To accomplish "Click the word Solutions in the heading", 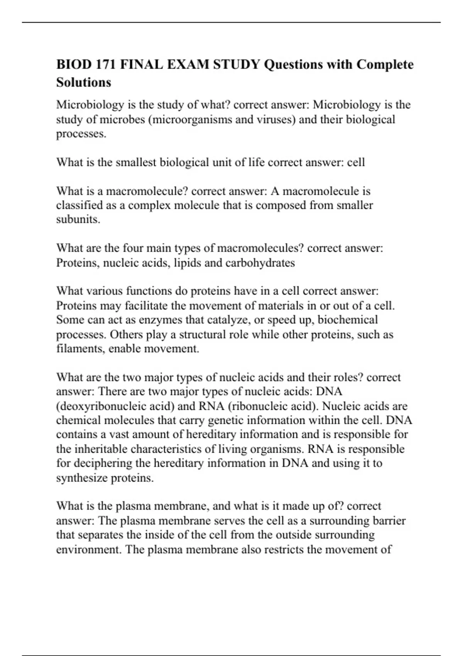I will point(84,82).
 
